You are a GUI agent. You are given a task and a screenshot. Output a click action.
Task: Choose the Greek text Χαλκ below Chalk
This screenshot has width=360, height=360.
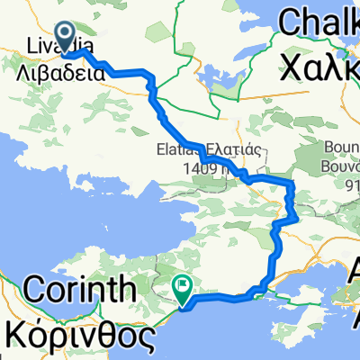click(x=320, y=63)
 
